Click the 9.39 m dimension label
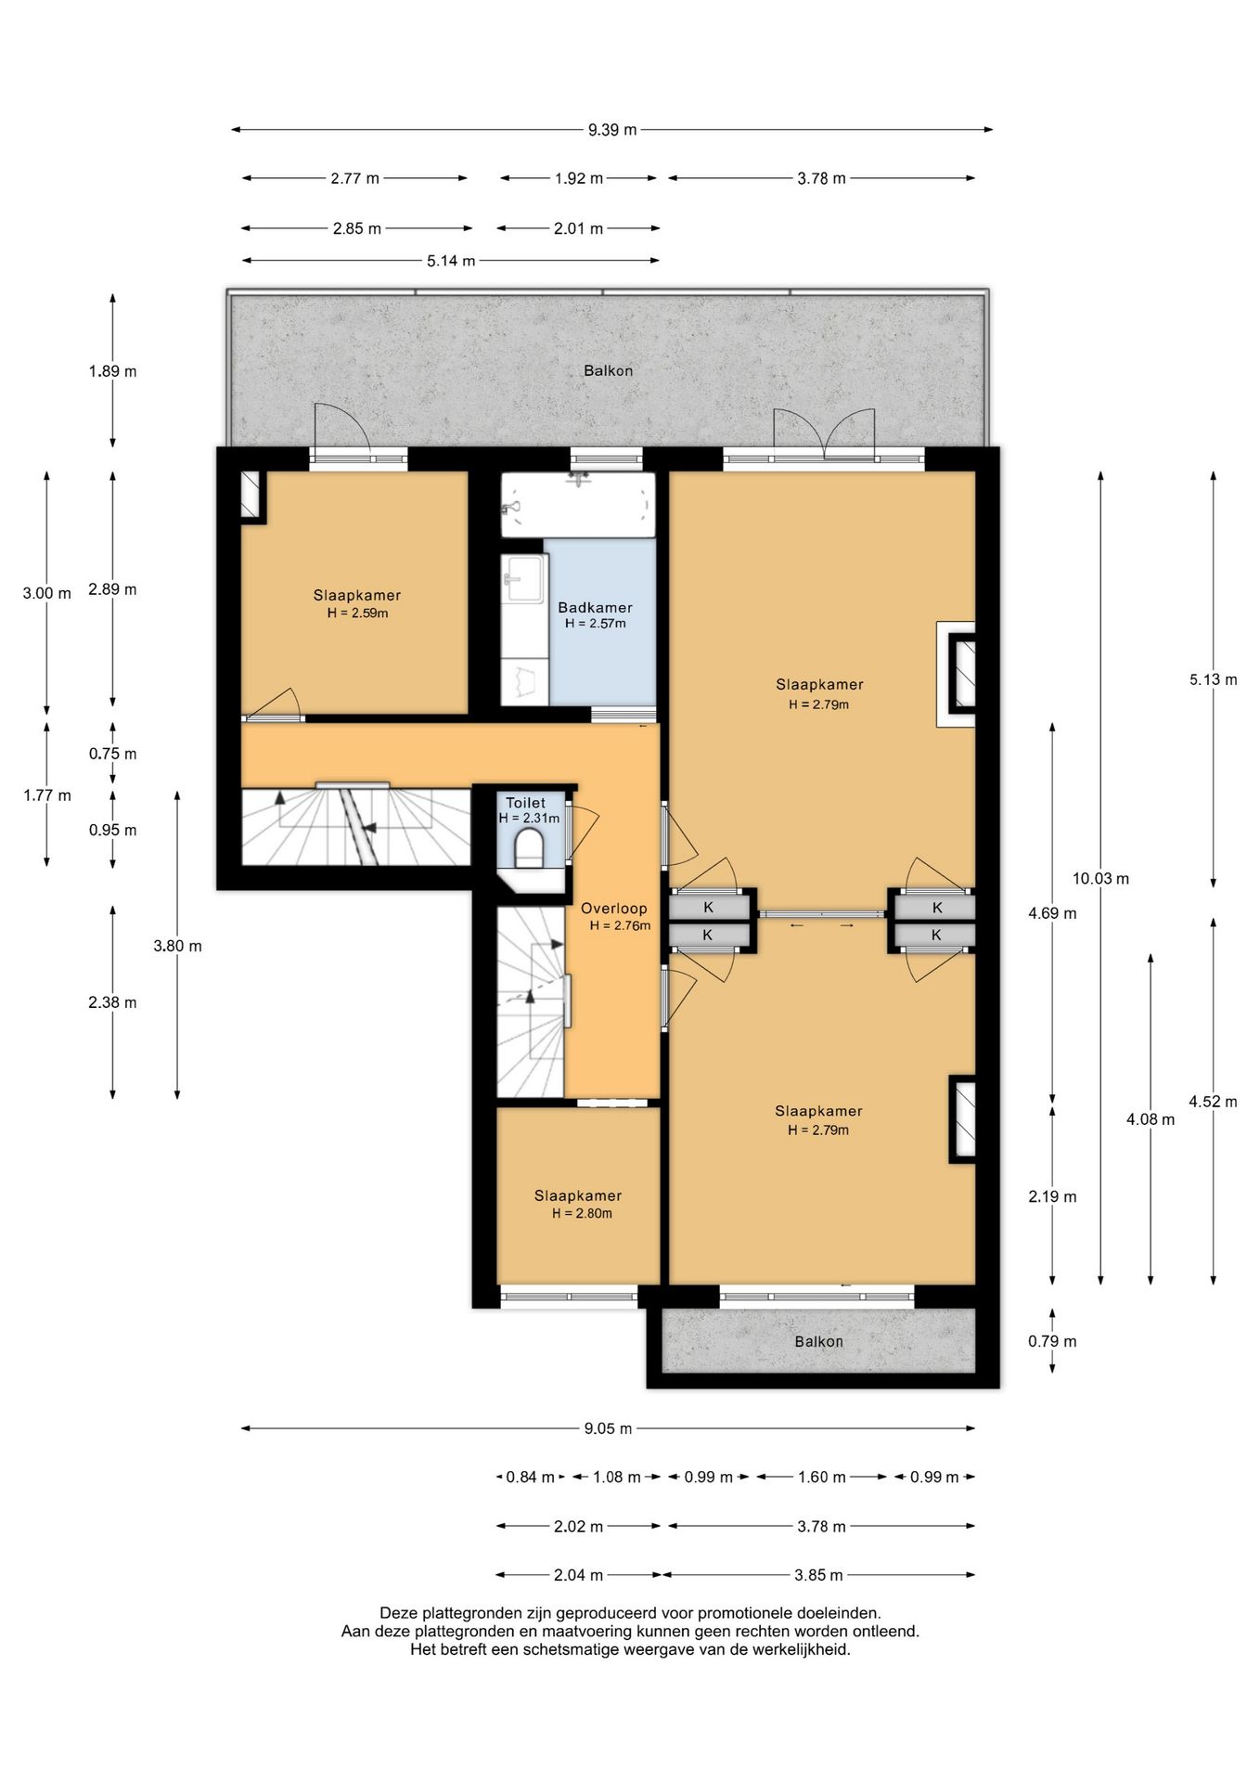tap(612, 130)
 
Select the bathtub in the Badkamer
tap(578, 505)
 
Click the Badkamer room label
tap(595, 608)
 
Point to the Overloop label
tap(614, 909)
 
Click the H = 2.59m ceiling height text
tap(357, 613)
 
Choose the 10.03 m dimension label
tap(1100, 878)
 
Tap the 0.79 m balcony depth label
tap(1052, 1341)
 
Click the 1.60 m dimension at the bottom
tap(822, 1477)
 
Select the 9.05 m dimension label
tap(608, 1428)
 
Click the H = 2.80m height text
tap(582, 1214)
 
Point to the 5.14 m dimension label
tap(451, 261)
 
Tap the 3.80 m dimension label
tap(177, 946)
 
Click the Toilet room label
tap(525, 803)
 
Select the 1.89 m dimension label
tap(112, 371)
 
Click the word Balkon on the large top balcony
tap(608, 370)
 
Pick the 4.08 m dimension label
tap(1151, 1119)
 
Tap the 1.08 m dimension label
tap(617, 1477)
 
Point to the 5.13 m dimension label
tap(1214, 679)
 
